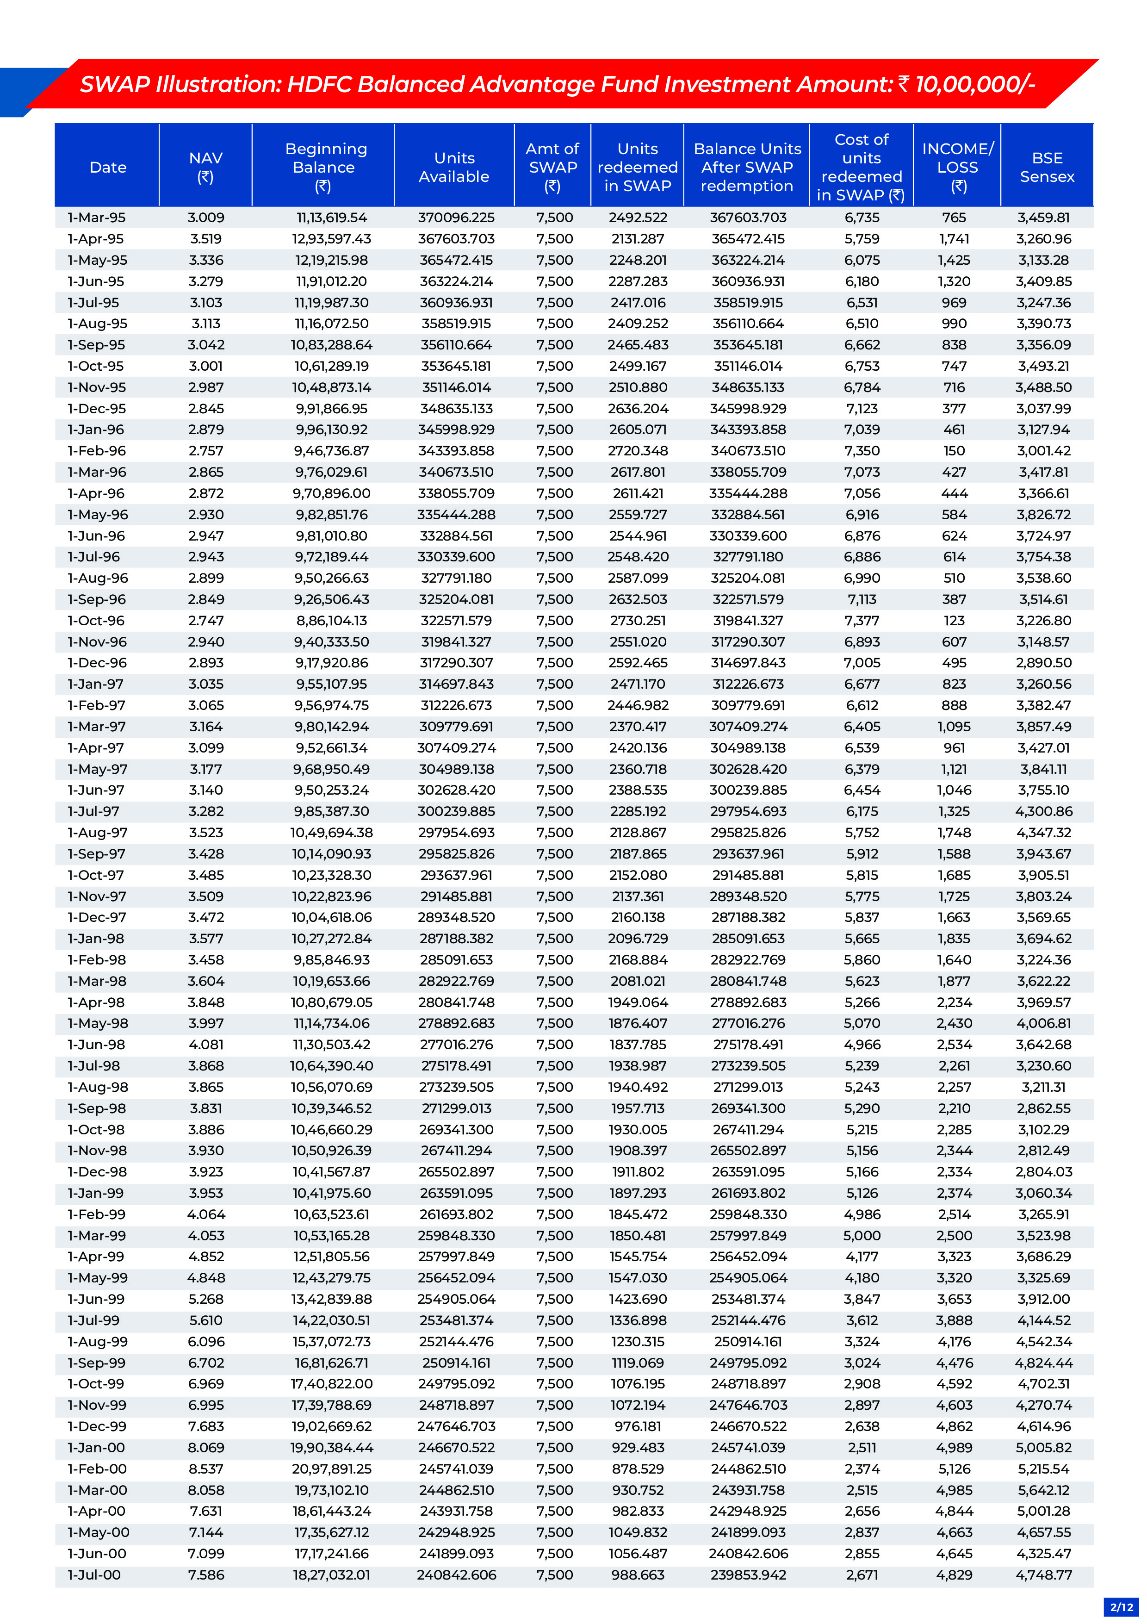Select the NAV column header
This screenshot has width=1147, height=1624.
point(206,167)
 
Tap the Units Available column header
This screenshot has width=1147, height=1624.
point(454,167)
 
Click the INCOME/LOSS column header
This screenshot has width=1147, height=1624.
point(957,167)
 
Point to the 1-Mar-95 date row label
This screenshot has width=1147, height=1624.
point(96,218)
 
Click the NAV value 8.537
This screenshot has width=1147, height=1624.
point(206,1468)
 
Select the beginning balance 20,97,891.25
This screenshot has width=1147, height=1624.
point(332,1468)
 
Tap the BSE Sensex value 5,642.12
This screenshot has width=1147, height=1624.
point(1044,1490)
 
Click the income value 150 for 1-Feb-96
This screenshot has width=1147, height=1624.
point(954,451)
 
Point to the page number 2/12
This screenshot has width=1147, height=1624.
point(1122,1607)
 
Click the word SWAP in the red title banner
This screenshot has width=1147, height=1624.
point(114,84)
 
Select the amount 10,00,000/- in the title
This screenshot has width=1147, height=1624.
point(975,84)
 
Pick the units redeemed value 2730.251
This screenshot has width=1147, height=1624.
point(638,620)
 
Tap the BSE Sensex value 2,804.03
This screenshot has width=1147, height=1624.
point(1044,1171)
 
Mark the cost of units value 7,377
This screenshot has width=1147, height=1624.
point(862,620)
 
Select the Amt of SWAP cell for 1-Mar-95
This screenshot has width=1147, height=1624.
point(554,218)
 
